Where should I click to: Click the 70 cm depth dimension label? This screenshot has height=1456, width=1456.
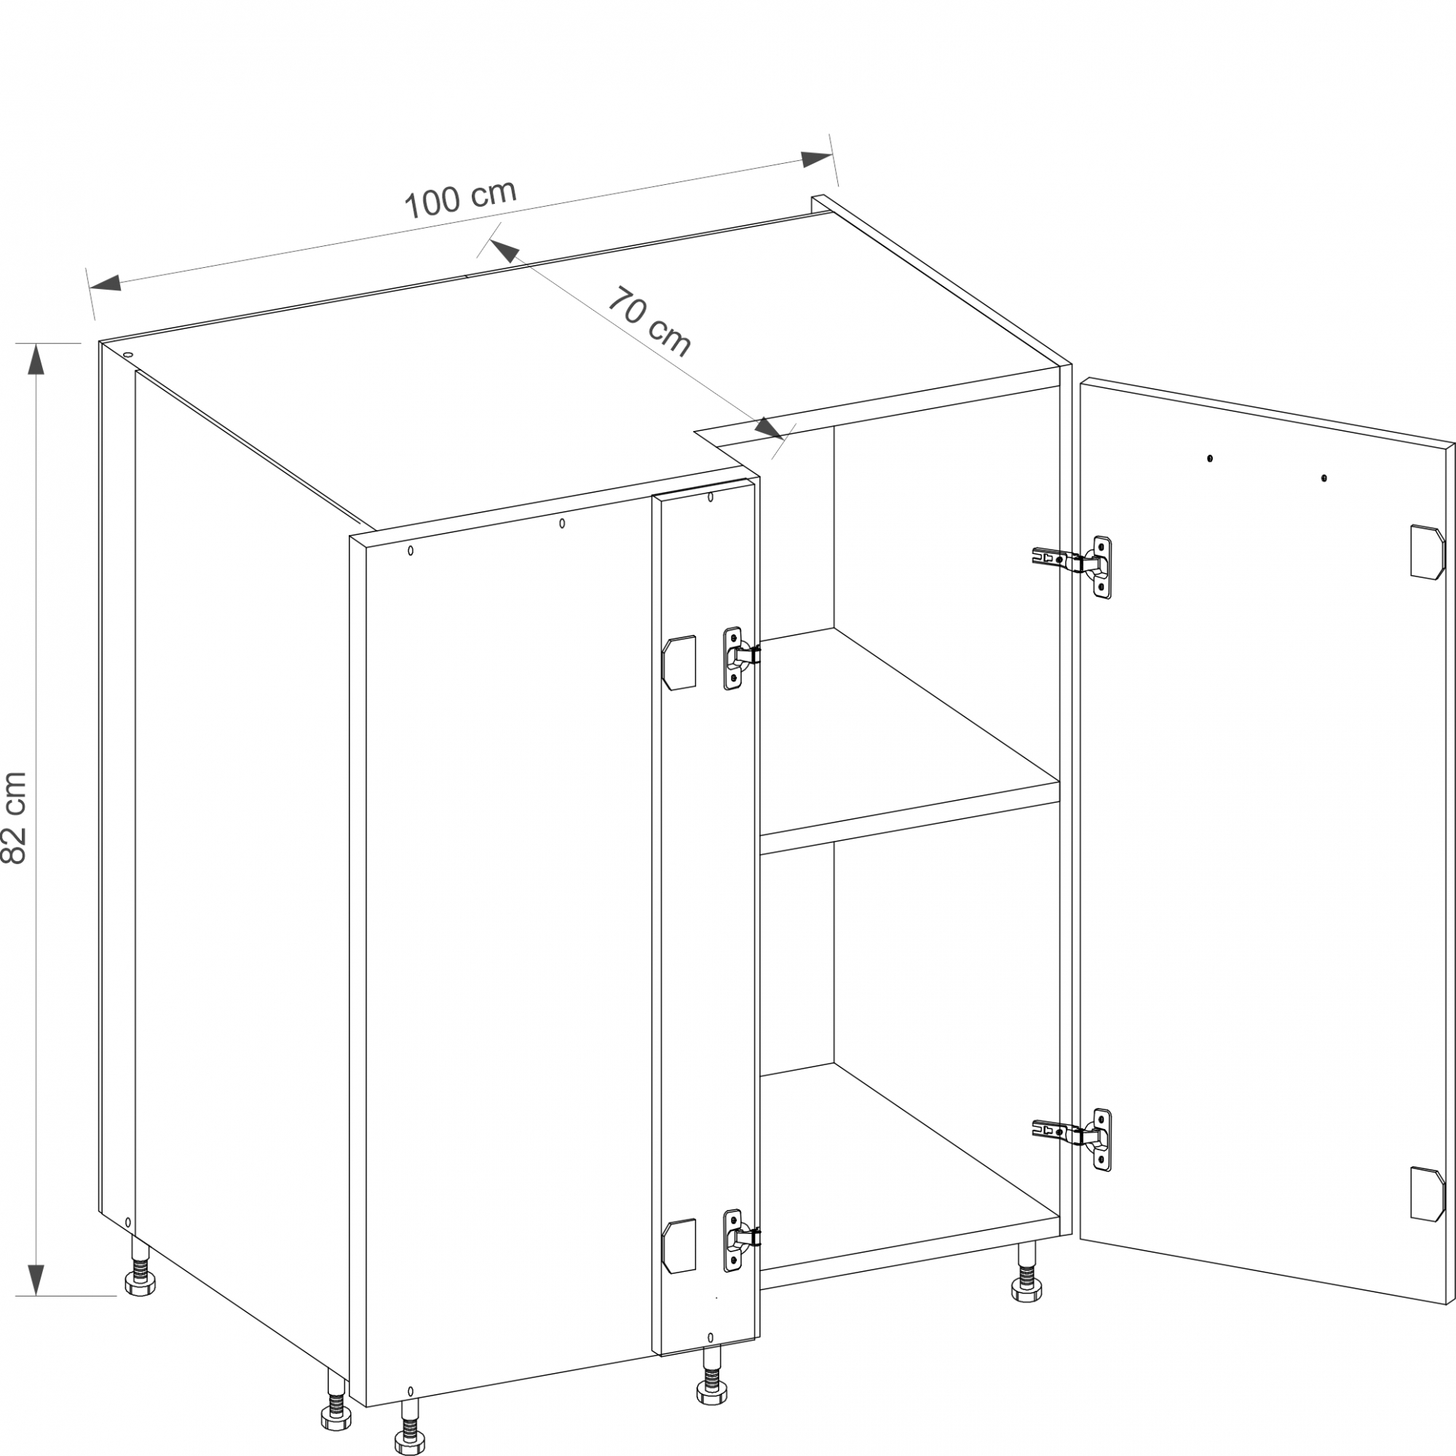[x=649, y=322]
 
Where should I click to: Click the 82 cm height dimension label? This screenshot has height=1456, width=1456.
[x=15, y=818]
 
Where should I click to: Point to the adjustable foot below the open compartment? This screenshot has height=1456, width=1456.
[x=1026, y=1273]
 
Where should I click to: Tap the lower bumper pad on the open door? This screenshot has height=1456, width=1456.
[x=1428, y=1194]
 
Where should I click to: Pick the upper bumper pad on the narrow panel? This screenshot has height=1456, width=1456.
[x=678, y=662]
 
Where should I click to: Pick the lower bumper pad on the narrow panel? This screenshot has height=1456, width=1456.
[x=678, y=1246]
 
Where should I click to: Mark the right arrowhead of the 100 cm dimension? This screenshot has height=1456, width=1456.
[x=816, y=159]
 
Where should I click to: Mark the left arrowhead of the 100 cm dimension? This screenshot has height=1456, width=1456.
[x=106, y=283]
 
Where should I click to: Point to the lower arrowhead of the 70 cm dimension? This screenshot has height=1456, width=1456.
[x=770, y=428]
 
